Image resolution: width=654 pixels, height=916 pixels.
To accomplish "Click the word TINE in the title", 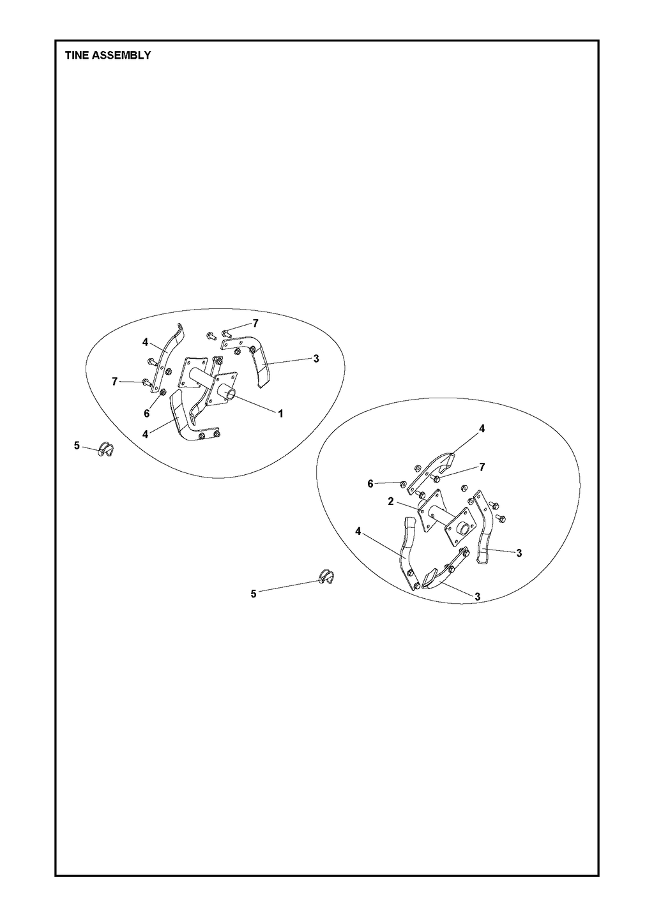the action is [x=76, y=55].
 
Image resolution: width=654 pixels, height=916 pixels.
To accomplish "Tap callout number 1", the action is [x=280, y=414].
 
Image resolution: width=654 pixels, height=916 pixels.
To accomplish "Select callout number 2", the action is [x=391, y=501].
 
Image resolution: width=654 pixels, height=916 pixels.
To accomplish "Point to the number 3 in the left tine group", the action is [x=316, y=359].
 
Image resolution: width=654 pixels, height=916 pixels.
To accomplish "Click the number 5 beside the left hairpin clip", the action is [x=77, y=446].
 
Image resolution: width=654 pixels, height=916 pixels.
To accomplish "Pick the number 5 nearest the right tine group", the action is [x=254, y=594].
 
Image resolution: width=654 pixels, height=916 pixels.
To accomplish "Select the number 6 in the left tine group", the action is [x=147, y=414].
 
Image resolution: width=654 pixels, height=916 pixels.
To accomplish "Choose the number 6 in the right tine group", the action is [x=370, y=484].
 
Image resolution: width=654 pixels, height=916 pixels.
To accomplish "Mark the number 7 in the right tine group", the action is [x=482, y=467].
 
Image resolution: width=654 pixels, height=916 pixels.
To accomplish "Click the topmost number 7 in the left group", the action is [x=256, y=324].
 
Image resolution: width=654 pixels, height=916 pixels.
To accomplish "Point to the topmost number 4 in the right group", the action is [x=482, y=428].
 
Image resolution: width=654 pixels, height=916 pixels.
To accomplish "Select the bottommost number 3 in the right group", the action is [x=477, y=597].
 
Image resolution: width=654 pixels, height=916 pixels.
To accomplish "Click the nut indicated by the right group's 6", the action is [x=404, y=484].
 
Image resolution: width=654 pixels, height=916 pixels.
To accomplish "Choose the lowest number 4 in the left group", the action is [x=145, y=434].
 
